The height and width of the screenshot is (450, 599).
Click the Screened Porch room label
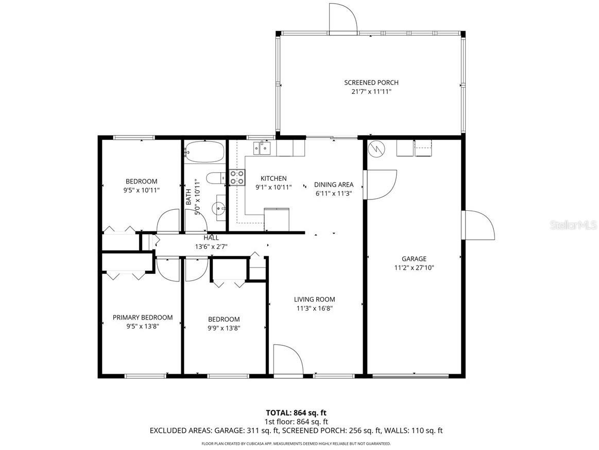[371, 82]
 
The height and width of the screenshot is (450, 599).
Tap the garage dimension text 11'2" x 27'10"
[415, 268]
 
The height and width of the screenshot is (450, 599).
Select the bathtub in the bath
[204, 152]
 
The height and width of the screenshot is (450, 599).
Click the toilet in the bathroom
[215, 178]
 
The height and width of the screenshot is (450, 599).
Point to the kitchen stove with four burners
[237, 177]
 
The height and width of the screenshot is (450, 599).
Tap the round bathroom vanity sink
[218, 209]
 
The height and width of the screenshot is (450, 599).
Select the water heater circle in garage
[376, 148]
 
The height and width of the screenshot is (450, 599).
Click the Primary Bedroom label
[143, 318]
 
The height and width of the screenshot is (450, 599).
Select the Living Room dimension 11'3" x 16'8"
[314, 309]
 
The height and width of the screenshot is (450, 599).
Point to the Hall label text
[211, 238]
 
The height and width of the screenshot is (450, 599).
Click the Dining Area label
[334, 185]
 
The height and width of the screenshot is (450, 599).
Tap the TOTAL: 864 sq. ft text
[296, 412]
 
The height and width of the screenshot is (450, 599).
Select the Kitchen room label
[273, 178]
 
